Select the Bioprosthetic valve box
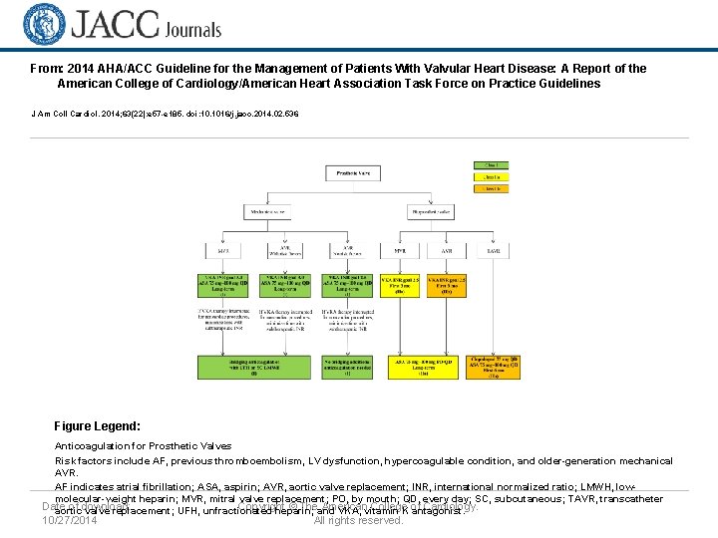coord(433,211)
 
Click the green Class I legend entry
coord(491,163)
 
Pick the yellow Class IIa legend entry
coord(491,175)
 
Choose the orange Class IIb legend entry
coord(491,187)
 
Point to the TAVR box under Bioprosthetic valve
coord(494,250)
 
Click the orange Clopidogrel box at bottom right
coord(494,368)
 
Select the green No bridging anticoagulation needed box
coord(348,368)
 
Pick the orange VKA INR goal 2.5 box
coord(447,286)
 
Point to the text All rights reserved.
coord(358,520)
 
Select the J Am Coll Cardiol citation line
coord(165,114)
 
